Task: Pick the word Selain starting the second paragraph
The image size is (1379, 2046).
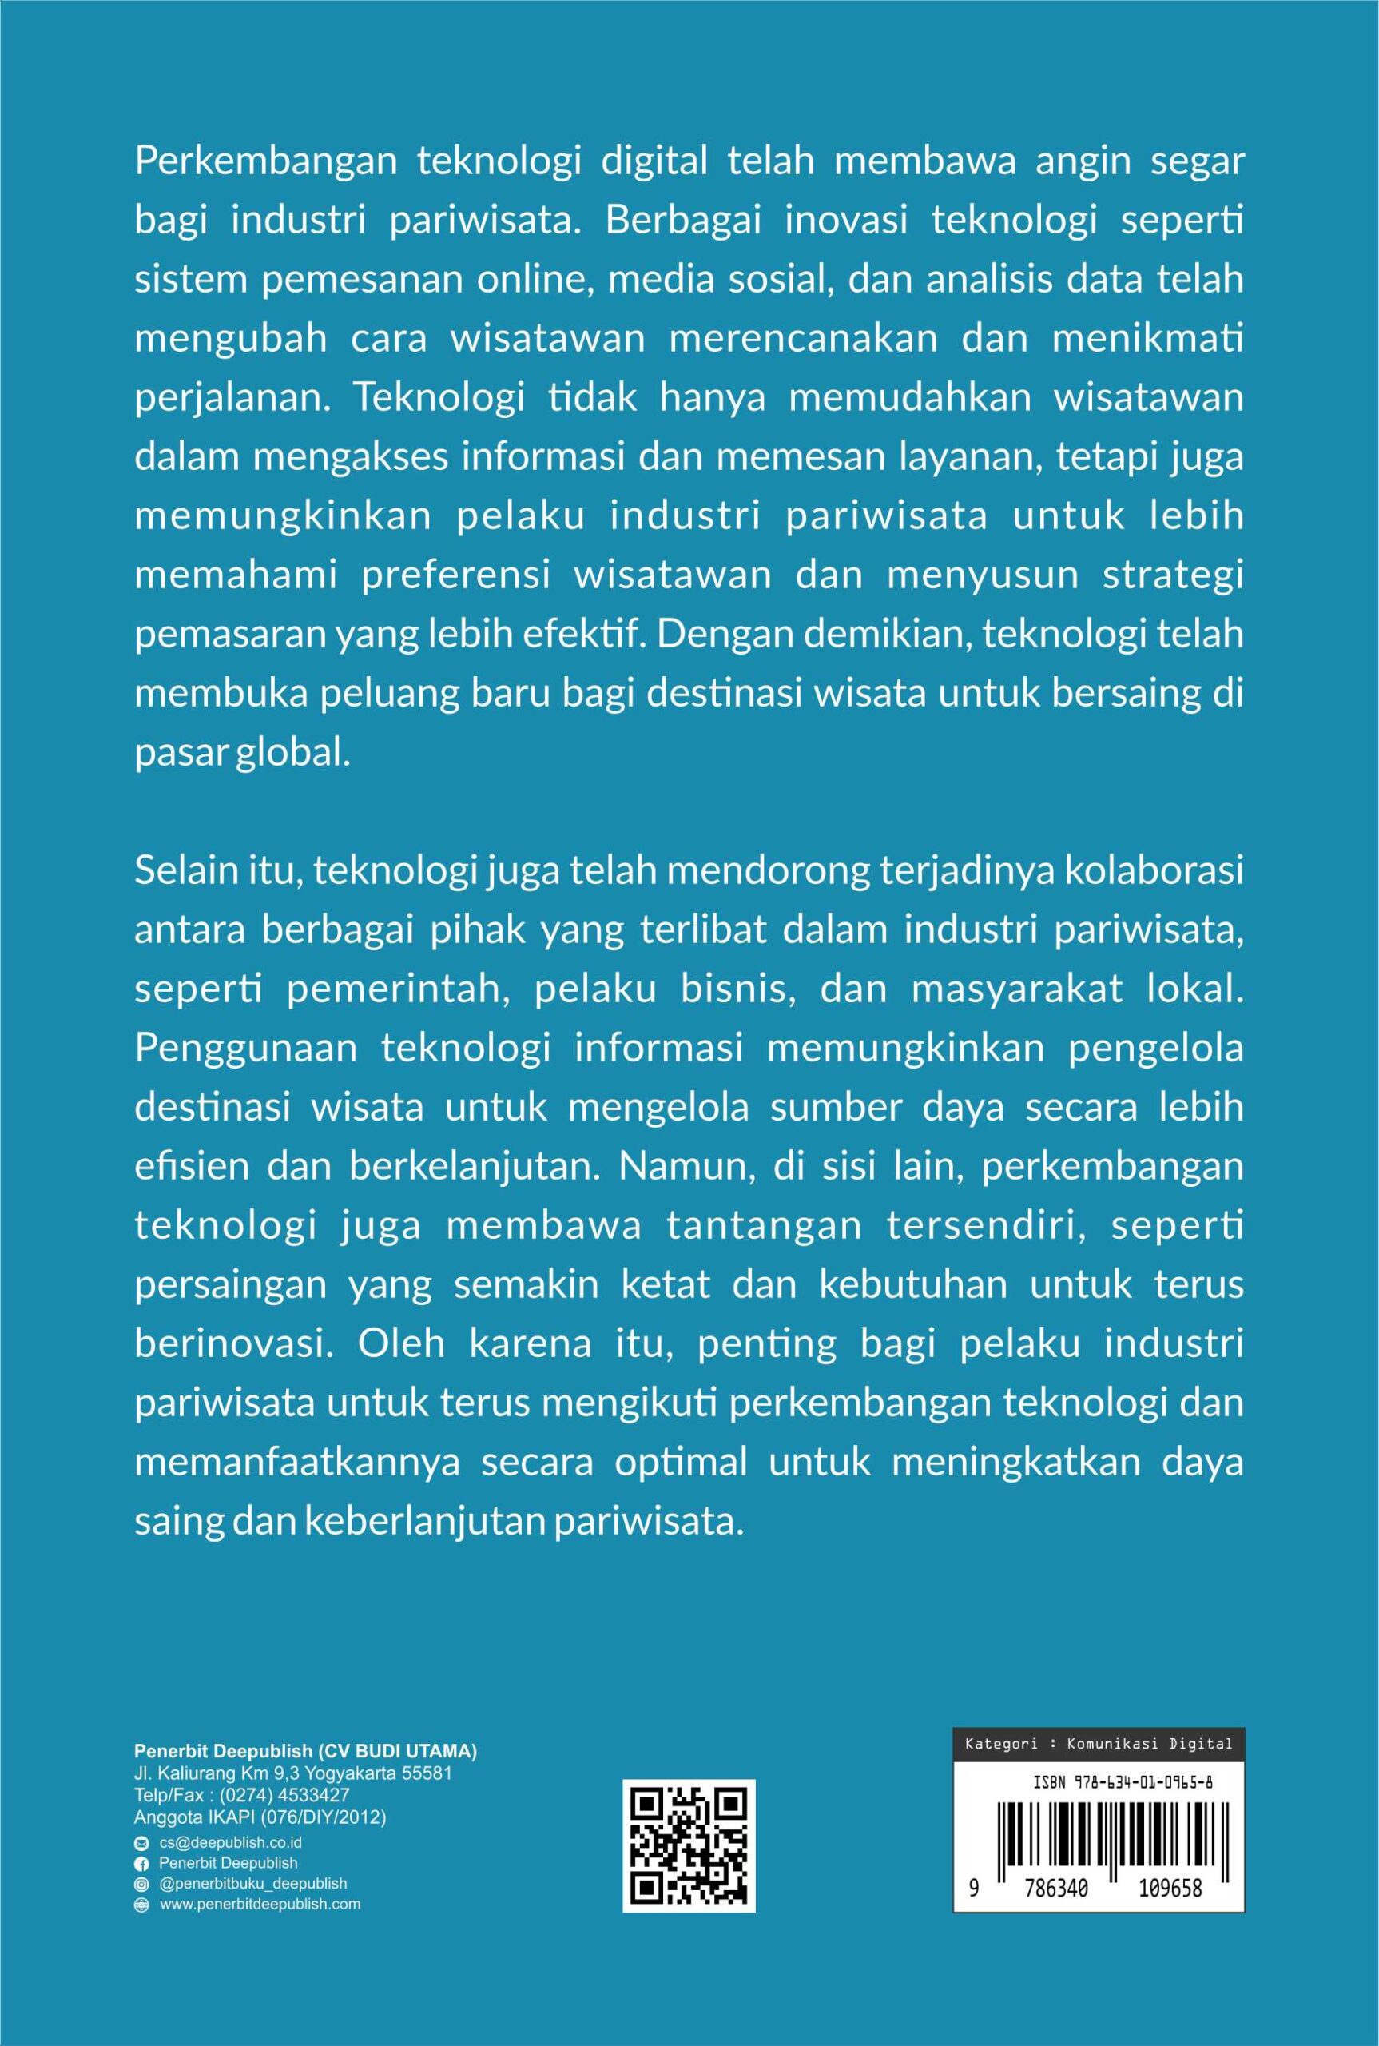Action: point(185,871)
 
